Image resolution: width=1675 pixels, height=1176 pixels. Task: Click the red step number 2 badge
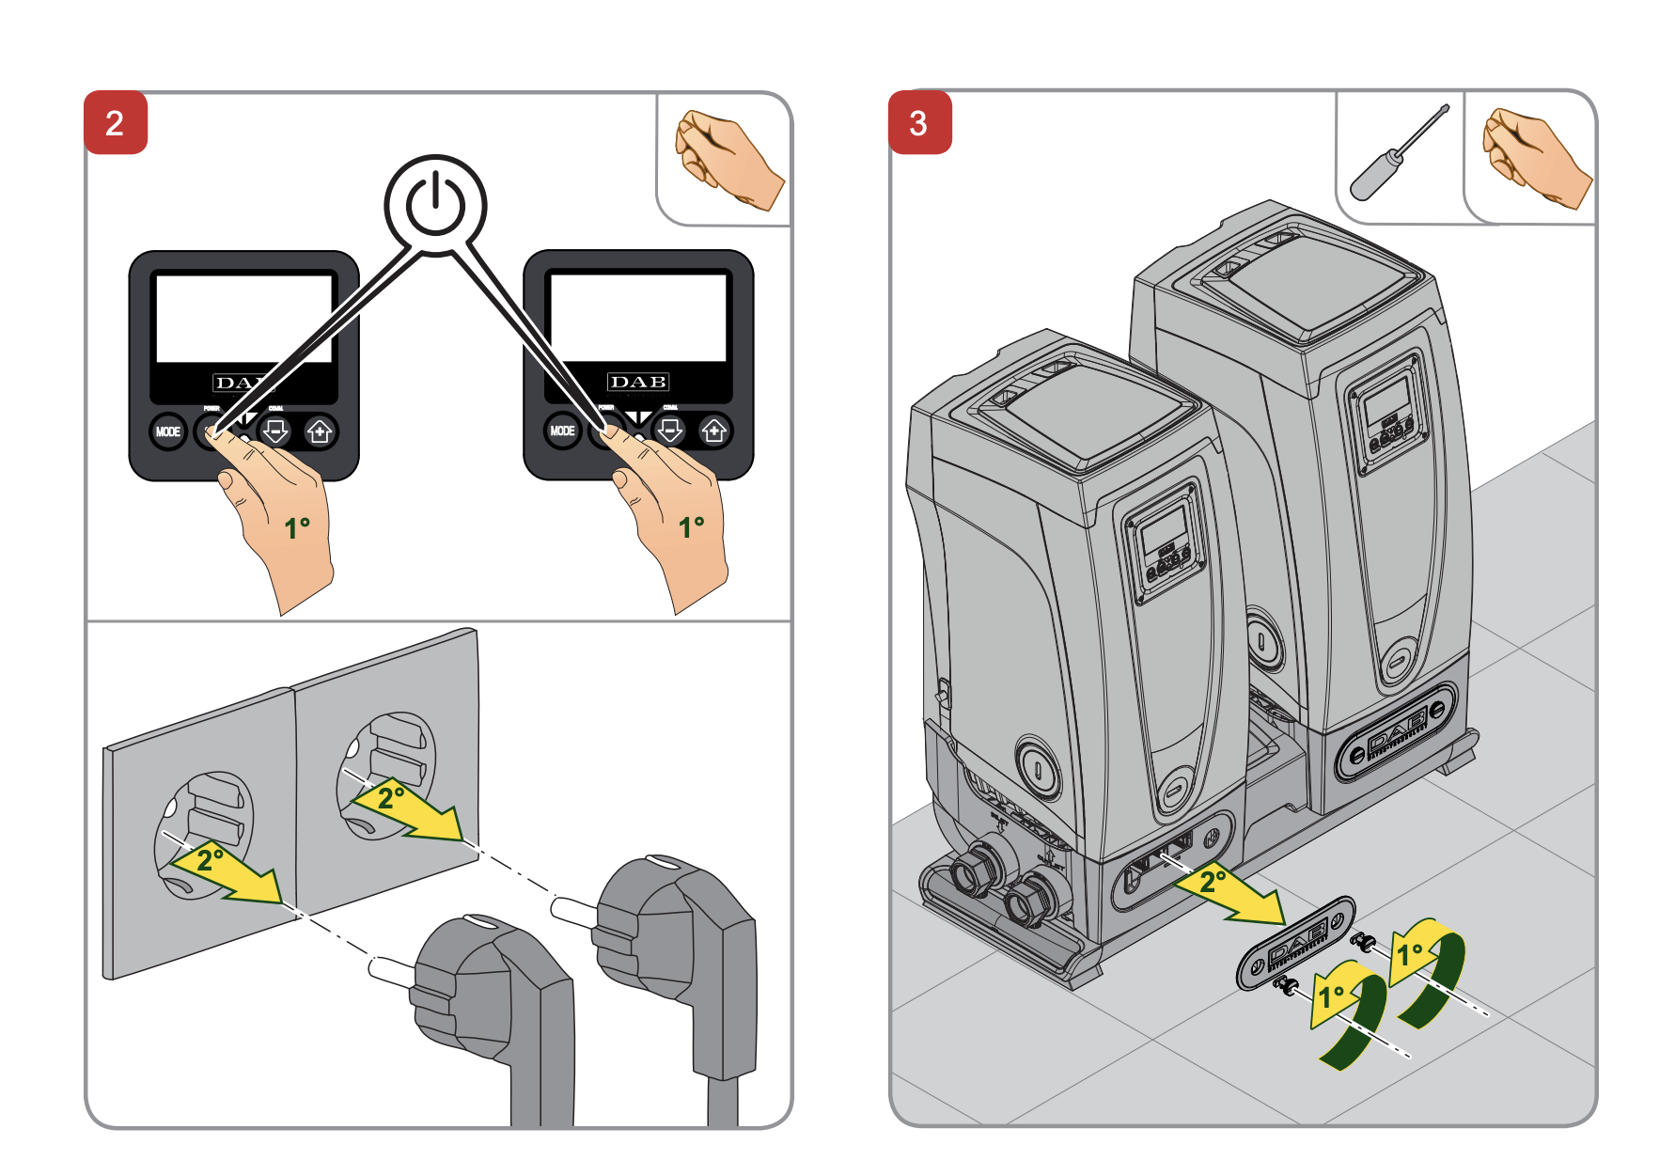pos(115,122)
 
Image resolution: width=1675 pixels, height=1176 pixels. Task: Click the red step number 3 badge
pos(919,122)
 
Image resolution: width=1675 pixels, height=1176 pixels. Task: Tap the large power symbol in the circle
pos(434,204)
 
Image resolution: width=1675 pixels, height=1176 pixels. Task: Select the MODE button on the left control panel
pos(168,431)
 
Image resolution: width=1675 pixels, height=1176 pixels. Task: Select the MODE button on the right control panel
pos(562,431)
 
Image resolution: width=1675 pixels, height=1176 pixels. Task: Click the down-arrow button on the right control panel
pos(670,431)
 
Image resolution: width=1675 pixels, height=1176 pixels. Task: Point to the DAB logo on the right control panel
pos(638,382)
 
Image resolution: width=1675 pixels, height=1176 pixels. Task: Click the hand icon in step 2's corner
pos(726,159)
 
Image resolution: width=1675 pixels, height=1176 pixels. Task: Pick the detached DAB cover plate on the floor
pos(1295,942)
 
